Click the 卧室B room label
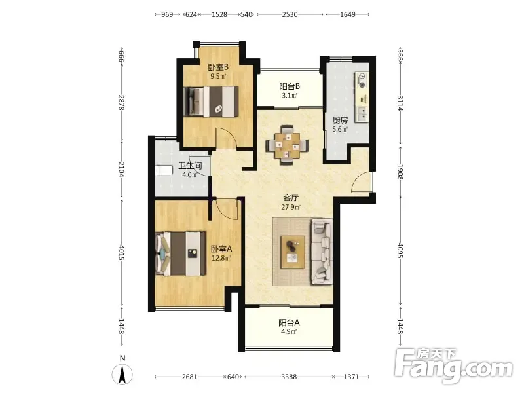tap(219, 67)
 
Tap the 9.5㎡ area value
tap(218, 76)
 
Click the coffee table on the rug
tap(293, 252)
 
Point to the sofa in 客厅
tap(322, 252)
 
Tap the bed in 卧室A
tap(181, 253)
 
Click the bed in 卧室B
tap(212, 102)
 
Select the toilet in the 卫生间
tap(164, 170)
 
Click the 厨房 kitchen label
tap(340, 121)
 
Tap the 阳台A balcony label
tap(289, 323)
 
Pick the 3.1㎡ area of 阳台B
tap(290, 96)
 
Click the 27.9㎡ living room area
tap(291, 207)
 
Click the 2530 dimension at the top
tap(290, 14)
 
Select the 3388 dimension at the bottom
tap(289, 377)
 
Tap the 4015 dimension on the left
tap(121, 253)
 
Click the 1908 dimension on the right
tap(400, 172)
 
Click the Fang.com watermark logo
tap(453, 367)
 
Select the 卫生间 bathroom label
tap(190, 166)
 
